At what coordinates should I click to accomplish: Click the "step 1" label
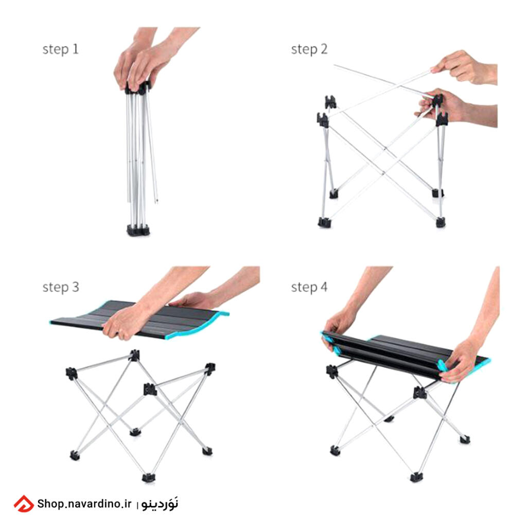[61, 49]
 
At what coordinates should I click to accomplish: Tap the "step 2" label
[309, 49]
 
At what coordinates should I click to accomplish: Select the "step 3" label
[61, 287]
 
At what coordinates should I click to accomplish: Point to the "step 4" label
[309, 287]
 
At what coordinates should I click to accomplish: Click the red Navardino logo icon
[24, 504]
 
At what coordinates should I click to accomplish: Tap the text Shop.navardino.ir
[84, 504]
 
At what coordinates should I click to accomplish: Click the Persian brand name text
[160, 504]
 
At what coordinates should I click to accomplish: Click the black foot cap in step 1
[138, 230]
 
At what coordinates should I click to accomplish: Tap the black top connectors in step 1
[138, 87]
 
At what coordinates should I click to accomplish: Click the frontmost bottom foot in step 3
[148, 477]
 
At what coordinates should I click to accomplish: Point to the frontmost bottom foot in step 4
[416, 477]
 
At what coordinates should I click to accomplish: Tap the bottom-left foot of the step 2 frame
[324, 222]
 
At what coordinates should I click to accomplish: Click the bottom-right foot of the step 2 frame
[441, 222]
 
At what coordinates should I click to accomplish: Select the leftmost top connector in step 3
[71, 374]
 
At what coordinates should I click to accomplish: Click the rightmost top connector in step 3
[210, 368]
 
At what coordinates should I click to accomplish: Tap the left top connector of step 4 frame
[332, 372]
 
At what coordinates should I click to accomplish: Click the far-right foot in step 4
[465, 439]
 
